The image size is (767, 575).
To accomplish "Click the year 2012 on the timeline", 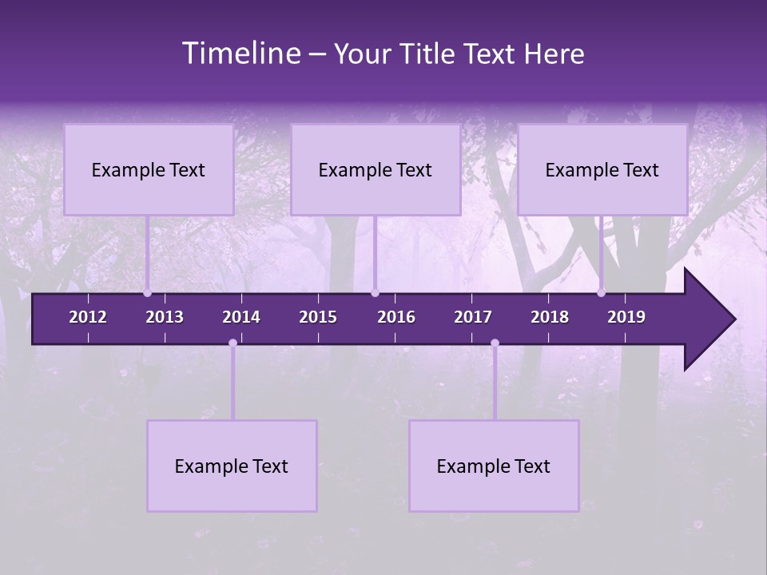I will pyautogui.click(x=88, y=317).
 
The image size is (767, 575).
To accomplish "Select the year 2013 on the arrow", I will pyautogui.click(x=165, y=317).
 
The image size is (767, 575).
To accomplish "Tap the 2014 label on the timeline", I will pyautogui.click(x=241, y=317).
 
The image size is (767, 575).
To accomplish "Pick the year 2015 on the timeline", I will pyautogui.click(x=318, y=317).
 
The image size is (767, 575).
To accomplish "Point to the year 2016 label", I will pyautogui.click(x=396, y=317).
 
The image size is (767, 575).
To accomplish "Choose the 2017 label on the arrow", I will pyautogui.click(x=473, y=317).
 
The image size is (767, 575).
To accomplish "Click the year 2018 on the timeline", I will pyautogui.click(x=550, y=317).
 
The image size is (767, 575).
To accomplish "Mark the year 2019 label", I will pyautogui.click(x=626, y=317).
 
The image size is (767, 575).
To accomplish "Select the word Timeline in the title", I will pyautogui.click(x=240, y=54).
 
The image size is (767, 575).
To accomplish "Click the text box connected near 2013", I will pyautogui.click(x=149, y=170).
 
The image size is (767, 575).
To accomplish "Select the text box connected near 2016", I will pyautogui.click(x=376, y=170).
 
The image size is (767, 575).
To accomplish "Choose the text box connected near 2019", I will pyautogui.click(x=602, y=170).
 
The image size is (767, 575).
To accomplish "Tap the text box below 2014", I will pyautogui.click(x=232, y=466).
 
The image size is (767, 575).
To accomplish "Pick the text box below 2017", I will pyautogui.click(x=494, y=466).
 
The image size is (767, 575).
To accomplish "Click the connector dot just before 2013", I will pyautogui.click(x=148, y=293).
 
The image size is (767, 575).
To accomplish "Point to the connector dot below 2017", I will pyautogui.click(x=495, y=343).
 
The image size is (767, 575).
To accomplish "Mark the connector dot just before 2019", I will pyautogui.click(x=602, y=293).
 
